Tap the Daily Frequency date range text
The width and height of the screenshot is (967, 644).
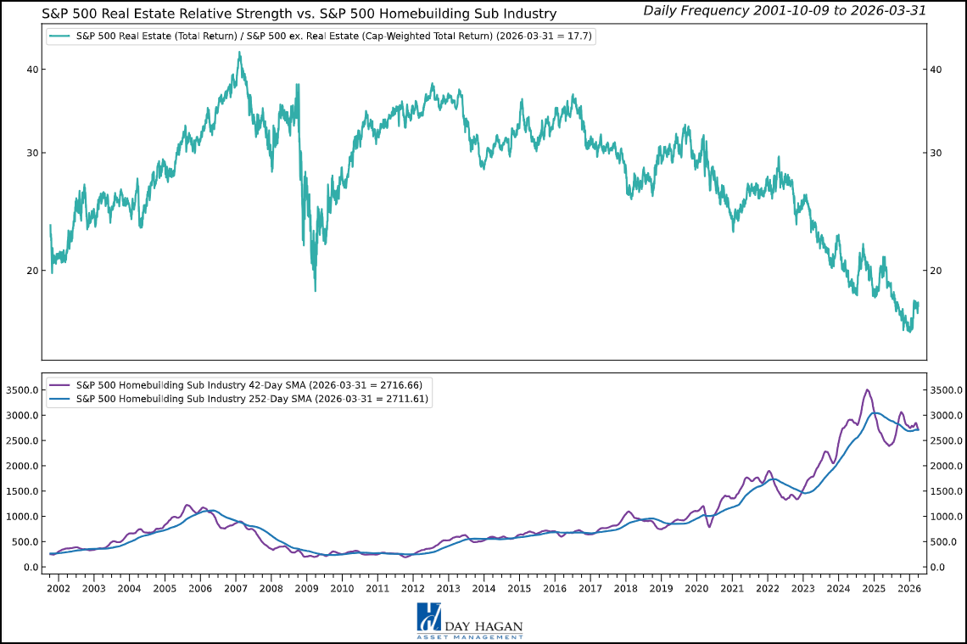(x=784, y=10)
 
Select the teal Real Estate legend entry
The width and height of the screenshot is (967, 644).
(x=322, y=36)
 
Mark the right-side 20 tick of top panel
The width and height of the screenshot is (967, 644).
(x=936, y=271)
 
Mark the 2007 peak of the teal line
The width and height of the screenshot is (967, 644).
(x=239, y=52)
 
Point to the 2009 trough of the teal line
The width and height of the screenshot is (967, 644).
(x=316, y=291)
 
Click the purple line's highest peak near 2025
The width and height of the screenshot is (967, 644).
(x=866, y=389)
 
